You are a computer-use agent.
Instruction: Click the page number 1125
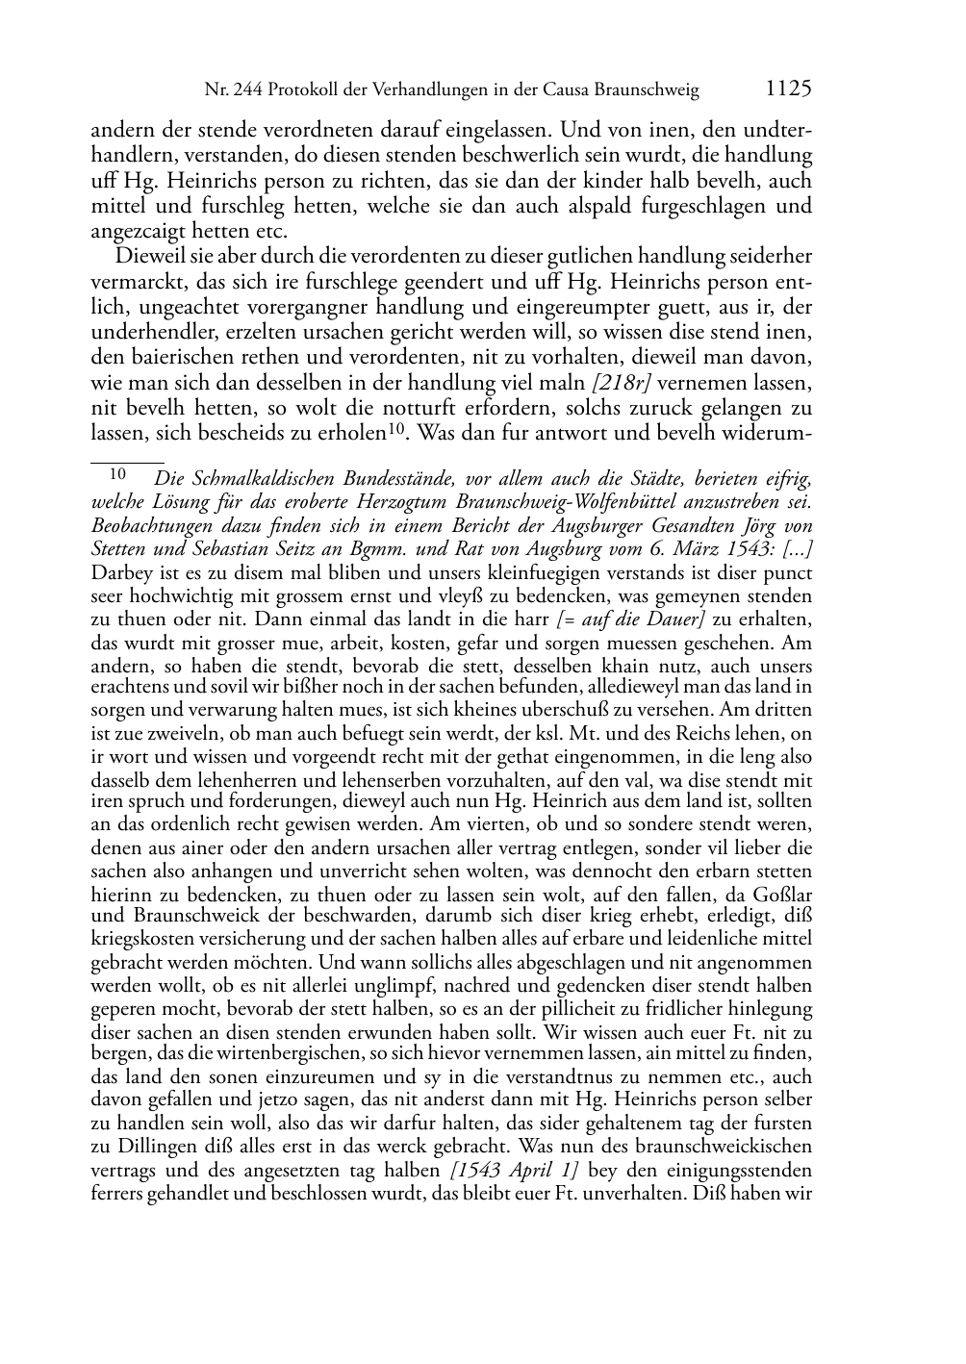click(789, 89)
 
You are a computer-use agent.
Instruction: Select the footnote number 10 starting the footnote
click(117, 473)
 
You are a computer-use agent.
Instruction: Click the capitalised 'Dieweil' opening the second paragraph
click(145, 257)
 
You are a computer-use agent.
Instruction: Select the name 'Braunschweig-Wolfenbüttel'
click(626, 502)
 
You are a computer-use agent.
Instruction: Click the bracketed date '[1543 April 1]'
click(514, 1171)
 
